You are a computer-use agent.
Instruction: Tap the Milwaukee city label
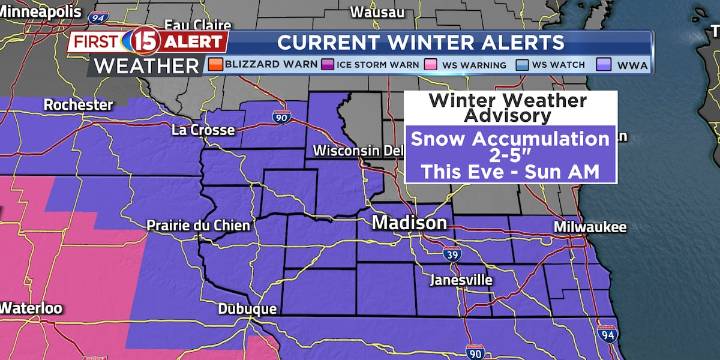pyautogui.click(x=590, y=227)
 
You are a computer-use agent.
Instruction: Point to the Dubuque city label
pyautogui.click(x=248, y=310)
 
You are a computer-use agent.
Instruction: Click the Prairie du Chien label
pyautogui.click(x=192, y=225)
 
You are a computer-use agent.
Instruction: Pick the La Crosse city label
pyautogui.click(x=203, y=130)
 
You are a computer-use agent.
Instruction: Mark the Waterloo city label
pyautogui.click(x=30, y=307)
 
